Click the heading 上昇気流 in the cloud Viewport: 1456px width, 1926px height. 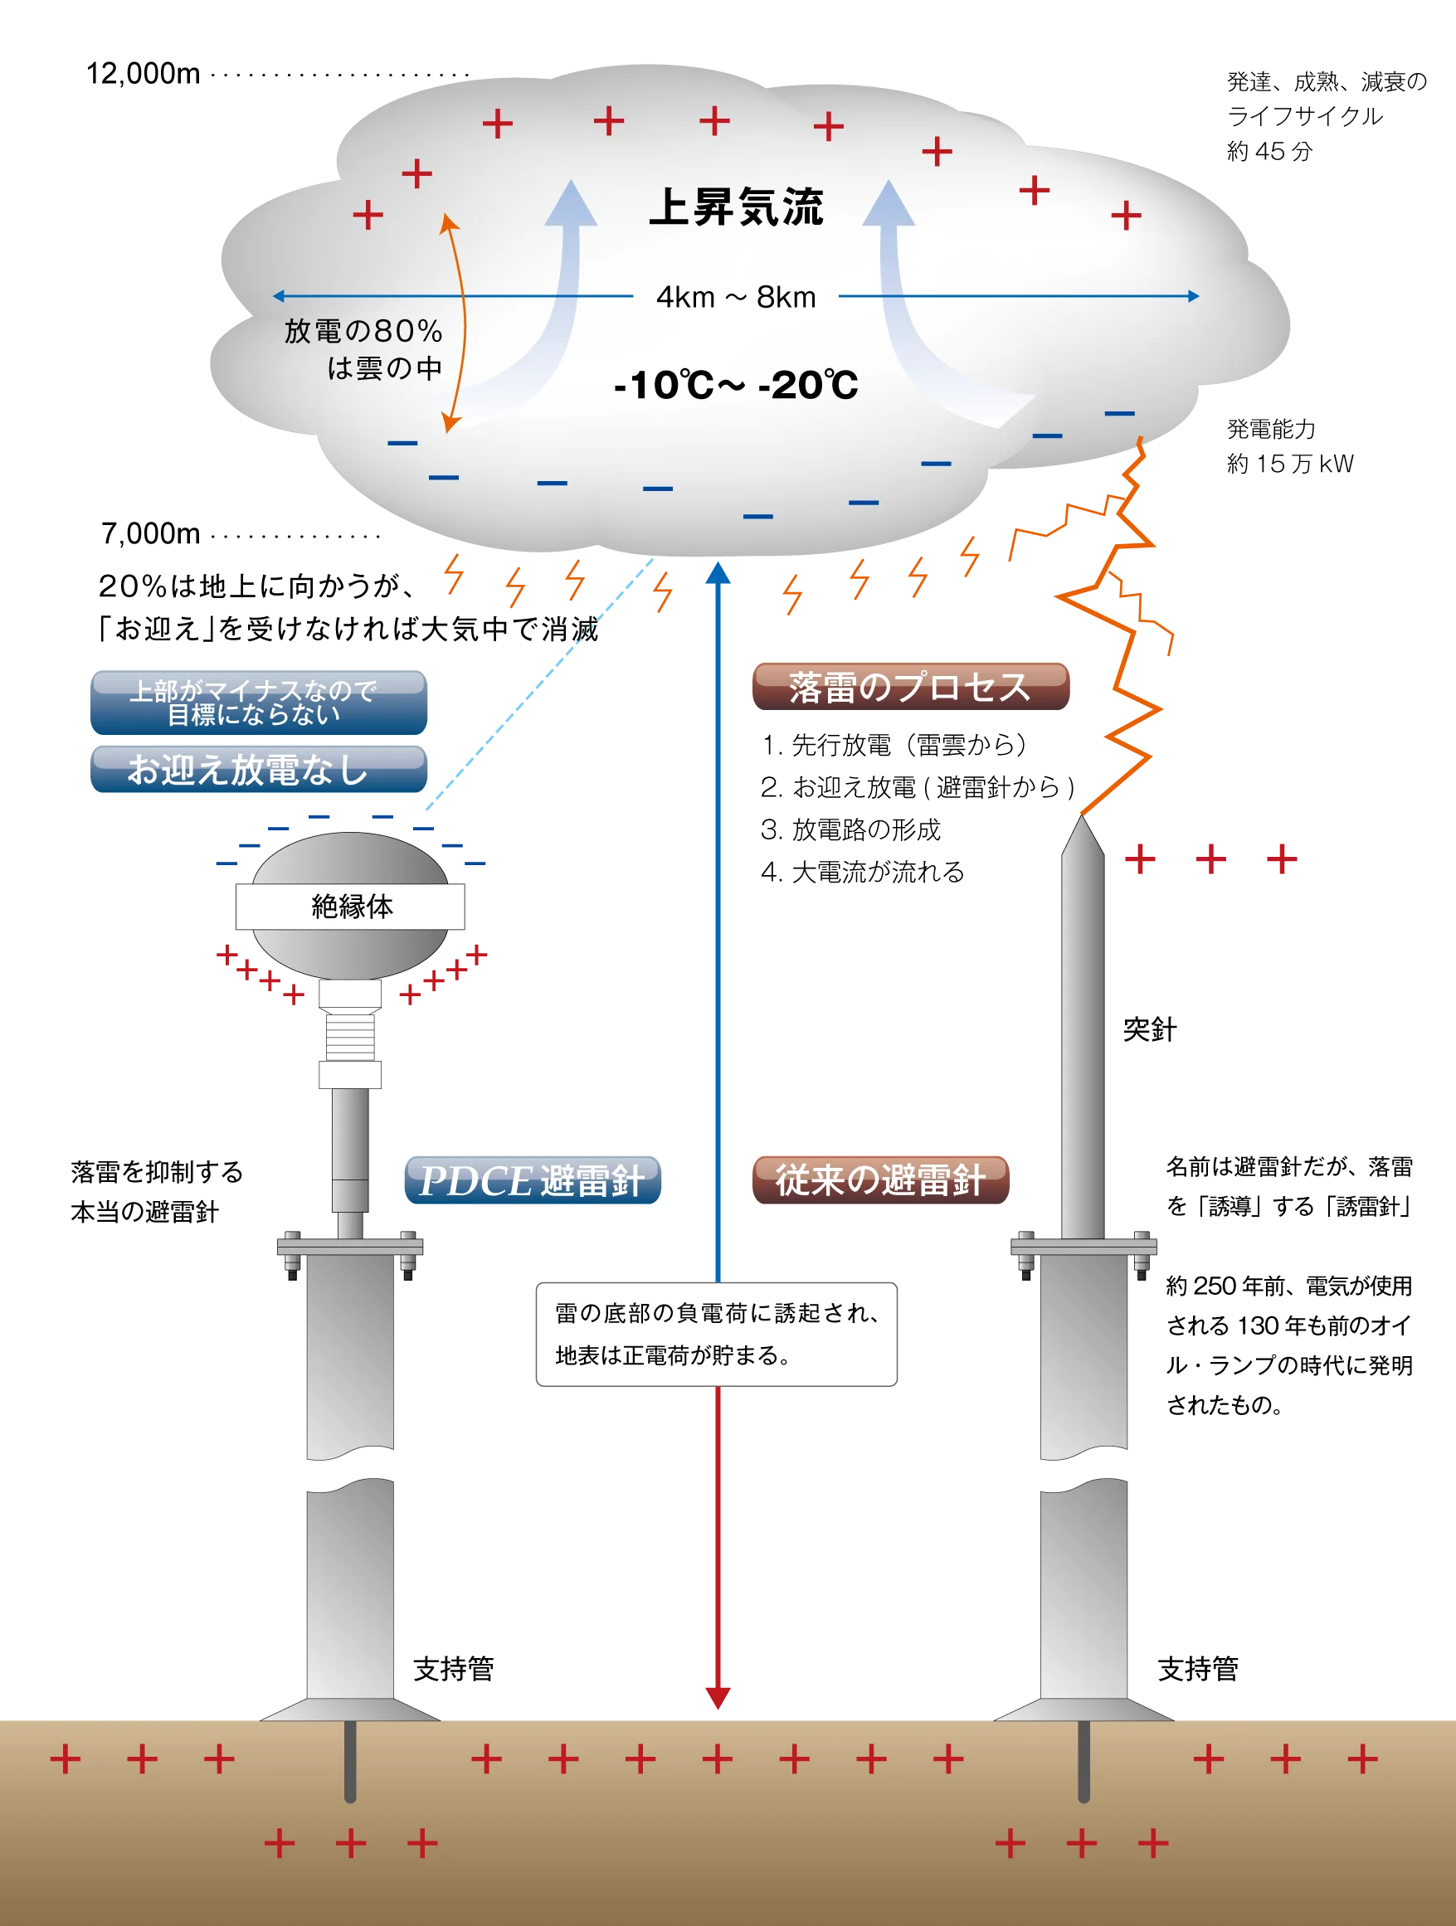pyautogui.click(x=736, y=207)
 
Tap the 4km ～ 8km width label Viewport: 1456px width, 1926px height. pyautogui.click(x=736, y=298)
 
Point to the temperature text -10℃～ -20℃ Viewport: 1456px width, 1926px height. pyautogui.click(x=736, y=385)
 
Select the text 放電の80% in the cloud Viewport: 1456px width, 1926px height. pyautogui.click(x=363, y=332)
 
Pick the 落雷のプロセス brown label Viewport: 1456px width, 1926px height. pyautogui.click(x=910, y=687)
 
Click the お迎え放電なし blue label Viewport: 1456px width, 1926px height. pyautogui.click(x=259, y=769)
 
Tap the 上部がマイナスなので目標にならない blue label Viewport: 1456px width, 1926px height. pyautogui.click(x=259, y=702)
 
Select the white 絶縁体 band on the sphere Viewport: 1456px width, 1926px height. pyautogui.click(x=349, y=907)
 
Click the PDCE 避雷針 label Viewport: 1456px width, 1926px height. pyautogui.click(x=531, y=1179)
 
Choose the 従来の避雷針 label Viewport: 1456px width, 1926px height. pyautogui.click(x=880, y=1179)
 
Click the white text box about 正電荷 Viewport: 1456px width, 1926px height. pyautogui.click(x=717, y=1333)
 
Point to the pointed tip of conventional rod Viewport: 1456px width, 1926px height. pyautogui.click(x=1082, y=827)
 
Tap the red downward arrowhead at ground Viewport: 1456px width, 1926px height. pyautogui.click(x=718, y=1696)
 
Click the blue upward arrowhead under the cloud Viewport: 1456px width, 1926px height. pyautogui.click(x=718, y=572)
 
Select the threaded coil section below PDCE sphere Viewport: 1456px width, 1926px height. pyautogui.click(x=350, y=1034)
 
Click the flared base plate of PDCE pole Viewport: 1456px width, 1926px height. pyautogui.click(x=350, y=1710)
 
